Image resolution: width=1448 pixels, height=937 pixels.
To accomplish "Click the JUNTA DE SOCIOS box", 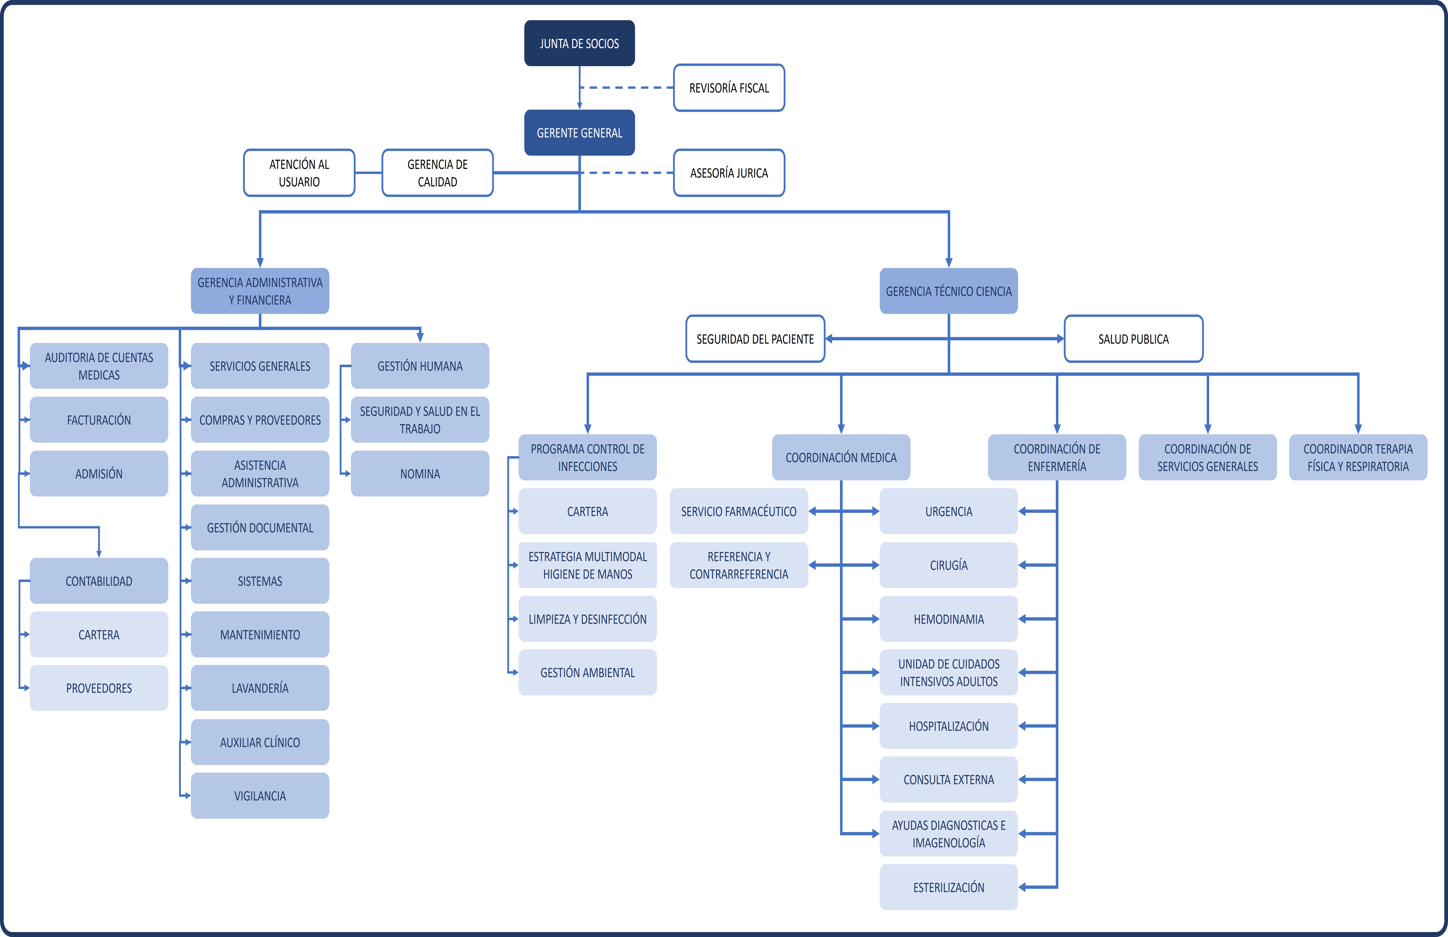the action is tap(579, 43).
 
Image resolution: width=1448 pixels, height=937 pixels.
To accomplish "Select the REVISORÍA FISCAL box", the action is tap(729, 88).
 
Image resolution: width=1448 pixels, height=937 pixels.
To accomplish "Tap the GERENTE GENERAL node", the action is tap(579, 133).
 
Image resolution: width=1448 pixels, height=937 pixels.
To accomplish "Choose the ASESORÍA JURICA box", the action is tap(729, 173).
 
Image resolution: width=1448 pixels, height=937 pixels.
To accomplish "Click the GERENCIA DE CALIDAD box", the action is tap(437, 173).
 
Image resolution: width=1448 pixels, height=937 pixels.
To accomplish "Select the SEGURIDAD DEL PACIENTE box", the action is tap(755, 339).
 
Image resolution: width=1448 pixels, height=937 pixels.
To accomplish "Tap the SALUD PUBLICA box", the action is tap(1133, 339).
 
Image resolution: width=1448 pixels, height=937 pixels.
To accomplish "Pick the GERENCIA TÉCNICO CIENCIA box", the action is tap(948, 291).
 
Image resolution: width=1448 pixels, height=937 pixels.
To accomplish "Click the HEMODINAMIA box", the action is tap(948, 619).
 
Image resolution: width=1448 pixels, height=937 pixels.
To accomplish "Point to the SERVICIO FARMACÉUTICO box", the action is tap(738, 511).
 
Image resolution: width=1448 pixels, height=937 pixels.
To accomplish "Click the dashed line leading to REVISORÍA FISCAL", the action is tap(626, 88).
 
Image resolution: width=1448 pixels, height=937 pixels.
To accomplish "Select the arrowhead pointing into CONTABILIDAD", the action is tap(98, 553).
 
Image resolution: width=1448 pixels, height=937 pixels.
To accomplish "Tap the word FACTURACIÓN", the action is tap(98, 420).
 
